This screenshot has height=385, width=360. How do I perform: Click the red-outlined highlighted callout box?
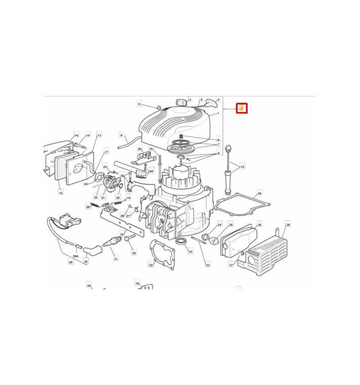tap(242, 109)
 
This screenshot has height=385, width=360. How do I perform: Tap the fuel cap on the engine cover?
tap(182, 102)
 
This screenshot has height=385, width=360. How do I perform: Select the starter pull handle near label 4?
tap(211, 103)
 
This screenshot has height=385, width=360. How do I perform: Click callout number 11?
tap(139, 104)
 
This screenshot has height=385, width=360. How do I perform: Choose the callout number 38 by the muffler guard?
tap(288, 225)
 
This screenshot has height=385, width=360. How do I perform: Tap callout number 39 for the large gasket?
tap(259, 194)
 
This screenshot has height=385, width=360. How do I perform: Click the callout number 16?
tap(76, 135)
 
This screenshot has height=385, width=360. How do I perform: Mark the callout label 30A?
tap(76, 256)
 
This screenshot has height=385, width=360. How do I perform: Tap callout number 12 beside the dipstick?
tap(242, 166)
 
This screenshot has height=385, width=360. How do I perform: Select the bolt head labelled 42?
tap(130, 238)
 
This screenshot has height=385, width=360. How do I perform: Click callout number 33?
tap(208, 265)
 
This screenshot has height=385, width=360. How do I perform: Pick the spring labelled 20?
tap(95, 205)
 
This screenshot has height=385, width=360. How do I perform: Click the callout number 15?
tap(61, 192)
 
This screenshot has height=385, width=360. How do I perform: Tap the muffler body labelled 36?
tap(236, 241)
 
